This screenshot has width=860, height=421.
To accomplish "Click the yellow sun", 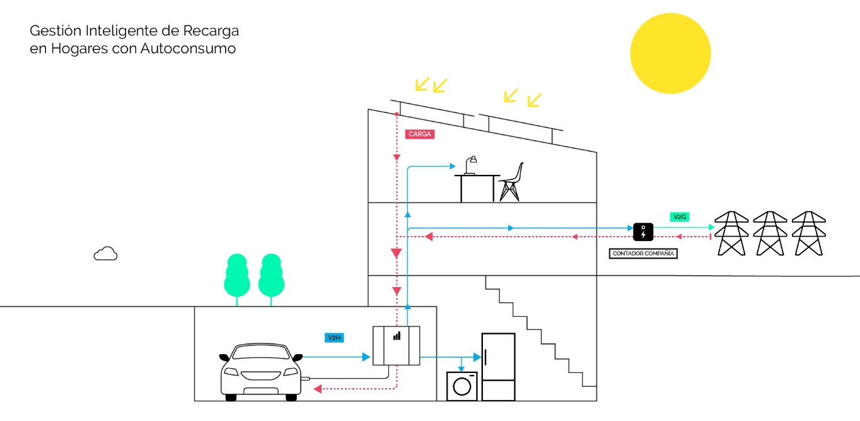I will click(670, 54).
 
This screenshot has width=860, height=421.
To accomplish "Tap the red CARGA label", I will click(420, 134).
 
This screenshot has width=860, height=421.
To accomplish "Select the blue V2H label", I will click(334, 338).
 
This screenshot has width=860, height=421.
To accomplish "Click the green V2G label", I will click(680, 216).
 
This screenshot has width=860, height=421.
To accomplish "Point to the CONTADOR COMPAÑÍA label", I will click(643, 254).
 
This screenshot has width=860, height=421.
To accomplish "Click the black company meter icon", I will click(643, 232).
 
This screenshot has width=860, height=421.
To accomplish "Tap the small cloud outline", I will click(105, 254).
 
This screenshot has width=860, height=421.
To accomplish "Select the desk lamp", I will click(470, 164).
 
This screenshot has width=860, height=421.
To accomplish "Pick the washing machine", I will click(462, 386).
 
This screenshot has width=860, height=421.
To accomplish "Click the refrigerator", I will click(498, 367).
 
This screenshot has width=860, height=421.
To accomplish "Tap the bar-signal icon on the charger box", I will click(397, 336).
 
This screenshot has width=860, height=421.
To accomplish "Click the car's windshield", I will click(259, 352).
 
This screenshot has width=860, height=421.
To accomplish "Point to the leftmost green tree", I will click(237, 276).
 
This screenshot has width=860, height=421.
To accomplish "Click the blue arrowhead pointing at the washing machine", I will click(462, 368).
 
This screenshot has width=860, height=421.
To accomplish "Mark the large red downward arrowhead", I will click(396, 254).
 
